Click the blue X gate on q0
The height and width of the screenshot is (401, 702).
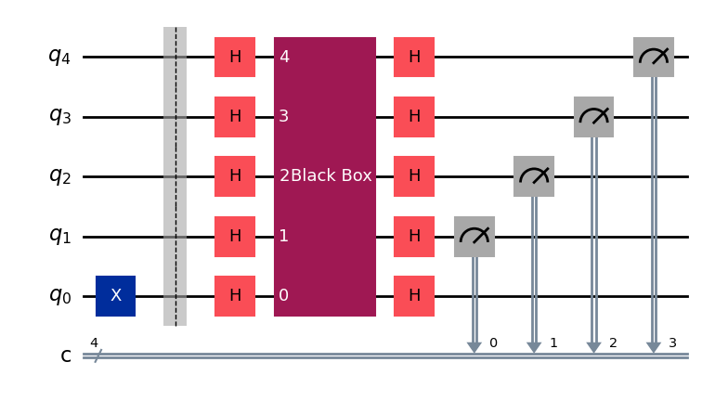tap(116, 296)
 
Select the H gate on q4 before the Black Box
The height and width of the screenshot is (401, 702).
tap(235, 57)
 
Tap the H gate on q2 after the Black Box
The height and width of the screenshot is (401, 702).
tap(414, 176)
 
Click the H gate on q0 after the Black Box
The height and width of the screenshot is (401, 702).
tap(414, 296)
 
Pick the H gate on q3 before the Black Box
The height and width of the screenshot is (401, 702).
tap(235, 117)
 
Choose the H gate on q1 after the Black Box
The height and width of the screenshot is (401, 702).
tap(414, 237)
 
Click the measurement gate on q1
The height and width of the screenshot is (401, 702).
tap(474, 237)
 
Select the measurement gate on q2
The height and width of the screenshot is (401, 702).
tap(534, 176)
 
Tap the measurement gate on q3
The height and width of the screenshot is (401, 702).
tap(593, 117)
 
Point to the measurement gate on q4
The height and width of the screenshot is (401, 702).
tap(654, 57)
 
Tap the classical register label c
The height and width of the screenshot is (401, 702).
tap(66, 356)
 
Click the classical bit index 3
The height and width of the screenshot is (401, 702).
tap(672, 343)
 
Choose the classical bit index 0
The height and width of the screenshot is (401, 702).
tap(493, 343)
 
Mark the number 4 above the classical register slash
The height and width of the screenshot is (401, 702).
tap(94, 343)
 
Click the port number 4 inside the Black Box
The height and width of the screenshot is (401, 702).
tap(284, 57)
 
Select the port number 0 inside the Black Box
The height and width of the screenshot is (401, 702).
tap(284, 296)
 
